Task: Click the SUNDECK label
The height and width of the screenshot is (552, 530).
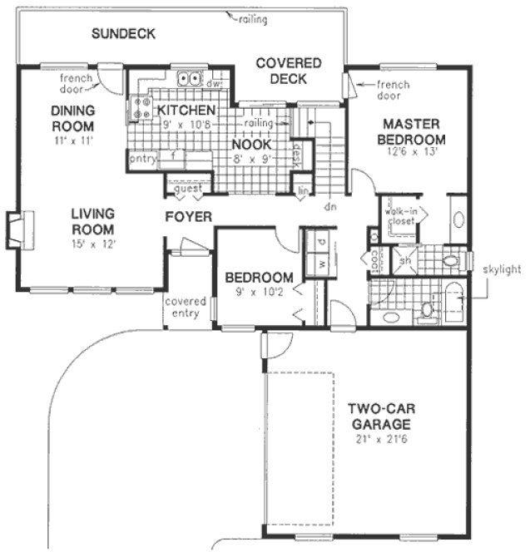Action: pyautogui.click(x=123, y=34)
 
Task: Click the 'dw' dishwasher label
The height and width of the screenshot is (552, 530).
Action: pyautogui.click(x=214, y=84)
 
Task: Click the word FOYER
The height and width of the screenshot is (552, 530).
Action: pyautogui.click(x=187, y=217)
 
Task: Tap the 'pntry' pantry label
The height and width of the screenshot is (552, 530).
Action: pyautogui.click(x=142, y=159)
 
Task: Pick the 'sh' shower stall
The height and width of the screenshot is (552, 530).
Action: pyautogui.click(x=405, y=260)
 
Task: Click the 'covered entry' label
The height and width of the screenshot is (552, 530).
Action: pyautogui.click(x=186, y=307)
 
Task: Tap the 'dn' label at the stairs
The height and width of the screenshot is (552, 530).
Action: pyautogui.click(x=329, y=205)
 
